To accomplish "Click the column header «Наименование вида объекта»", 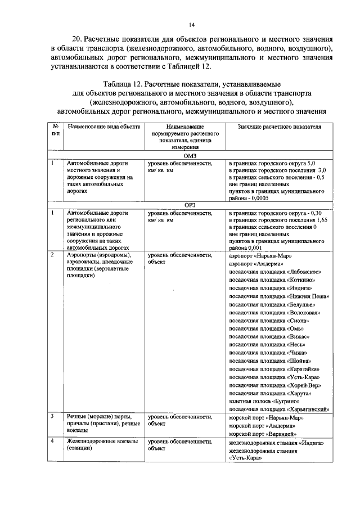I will pos(104,128).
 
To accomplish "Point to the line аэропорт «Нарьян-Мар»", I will pos(258,255).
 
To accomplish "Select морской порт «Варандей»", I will pos(260,434).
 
